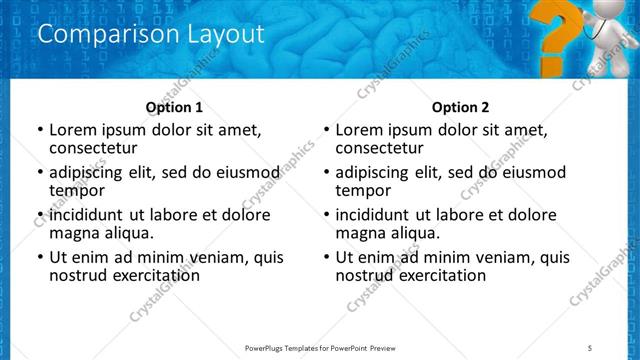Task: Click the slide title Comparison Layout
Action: [x=150, y=34]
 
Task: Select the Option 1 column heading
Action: [x=174, y=107]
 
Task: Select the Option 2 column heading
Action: [x=460, y=107]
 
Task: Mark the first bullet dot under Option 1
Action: [x=39, y=130]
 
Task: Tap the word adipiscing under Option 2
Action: [x=374, y=172]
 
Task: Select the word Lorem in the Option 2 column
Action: [x=360, y=130]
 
